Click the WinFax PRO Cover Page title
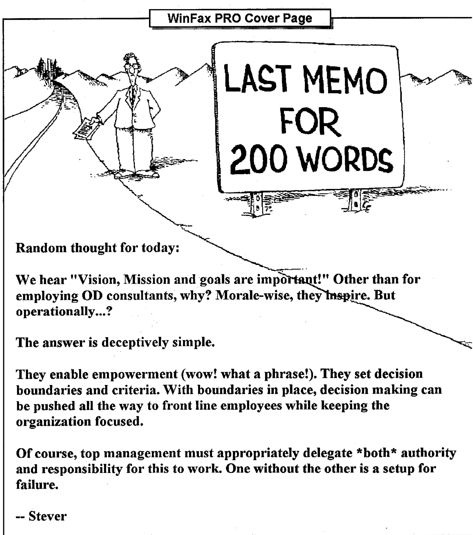tap(240, 18)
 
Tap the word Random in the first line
tap(41, 248)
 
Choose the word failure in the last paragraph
tap(37, 485)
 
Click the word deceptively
tap(135, 342)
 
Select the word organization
tap(53, 421)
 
